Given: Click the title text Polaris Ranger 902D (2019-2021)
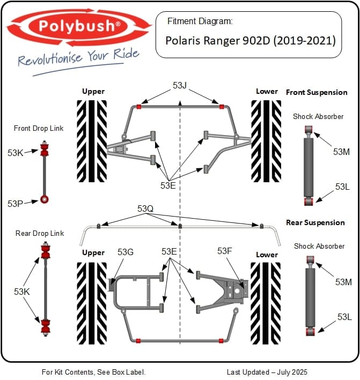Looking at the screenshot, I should pos(250,41).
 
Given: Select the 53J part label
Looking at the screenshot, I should pos(180,86).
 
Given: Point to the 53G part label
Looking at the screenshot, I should pos(125,252).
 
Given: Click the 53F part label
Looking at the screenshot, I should pos(225,251).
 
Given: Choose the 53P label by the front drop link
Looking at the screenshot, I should pos(15,204).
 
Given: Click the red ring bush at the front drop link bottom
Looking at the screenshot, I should pos(45,200).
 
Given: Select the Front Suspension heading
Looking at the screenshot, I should pos(317,92).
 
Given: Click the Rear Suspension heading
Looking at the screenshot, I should pos(315,222).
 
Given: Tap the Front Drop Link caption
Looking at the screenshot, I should pos(39,128).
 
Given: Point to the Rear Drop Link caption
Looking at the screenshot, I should pos(40,233).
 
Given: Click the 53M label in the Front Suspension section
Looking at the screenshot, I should pos(341,152).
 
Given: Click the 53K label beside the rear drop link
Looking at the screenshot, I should pos(22,292).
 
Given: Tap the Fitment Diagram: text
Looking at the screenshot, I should pos(200,22).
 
